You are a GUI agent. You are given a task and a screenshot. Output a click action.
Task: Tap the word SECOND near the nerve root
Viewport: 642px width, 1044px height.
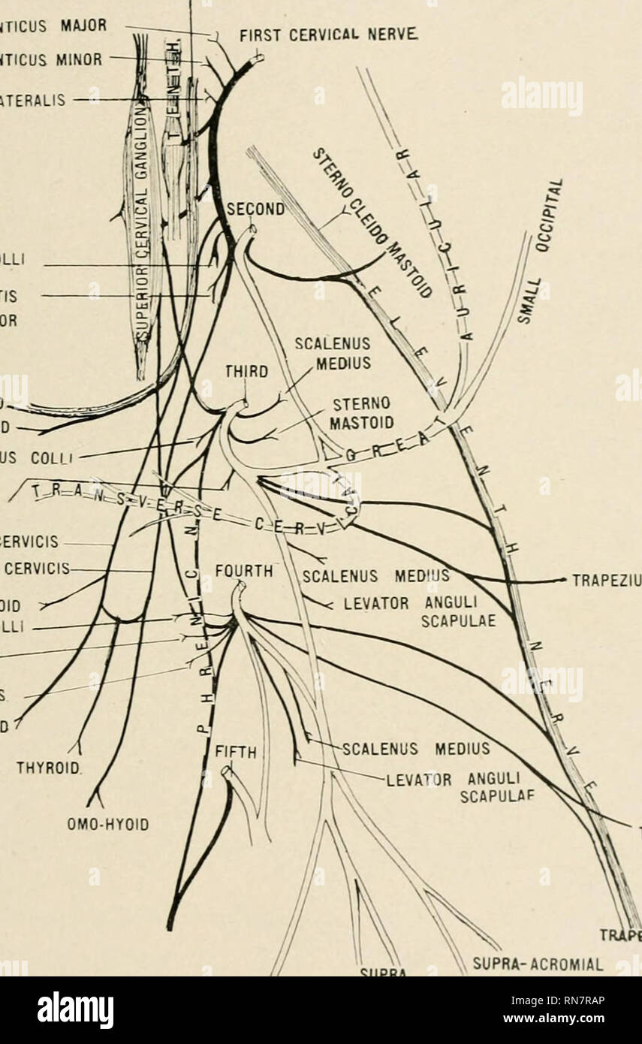255,211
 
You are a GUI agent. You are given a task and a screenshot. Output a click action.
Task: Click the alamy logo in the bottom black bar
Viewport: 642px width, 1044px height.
75,1010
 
